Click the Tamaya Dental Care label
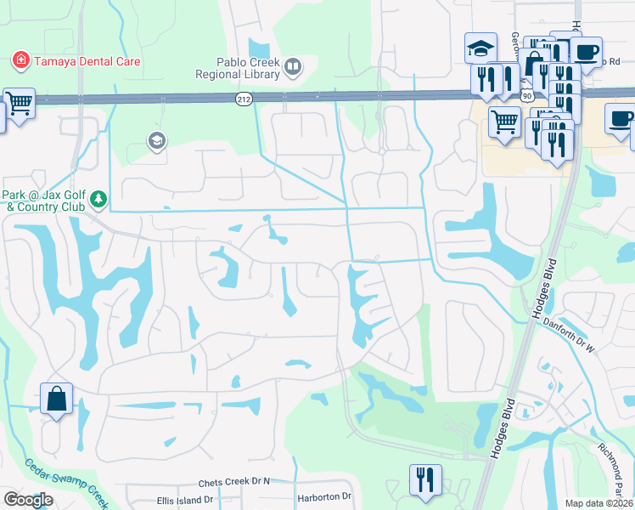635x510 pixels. click(86, 62)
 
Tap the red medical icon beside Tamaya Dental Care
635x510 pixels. click(20, 61)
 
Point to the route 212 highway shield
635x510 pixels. click(244, 100)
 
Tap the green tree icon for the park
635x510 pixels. click(99, 199)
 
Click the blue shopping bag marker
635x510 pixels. click(56, 399)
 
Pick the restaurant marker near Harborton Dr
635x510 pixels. click(425, 479)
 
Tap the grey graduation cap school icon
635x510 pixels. click(156, 140)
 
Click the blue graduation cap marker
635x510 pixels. click(480, 48)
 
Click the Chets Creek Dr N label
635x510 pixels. click(233, 482)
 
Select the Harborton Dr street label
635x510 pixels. click(323, 496)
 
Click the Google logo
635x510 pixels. click(28, 500)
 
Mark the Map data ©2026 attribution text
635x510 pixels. click(598, 503)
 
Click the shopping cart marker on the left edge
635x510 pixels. click(19, 104)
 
